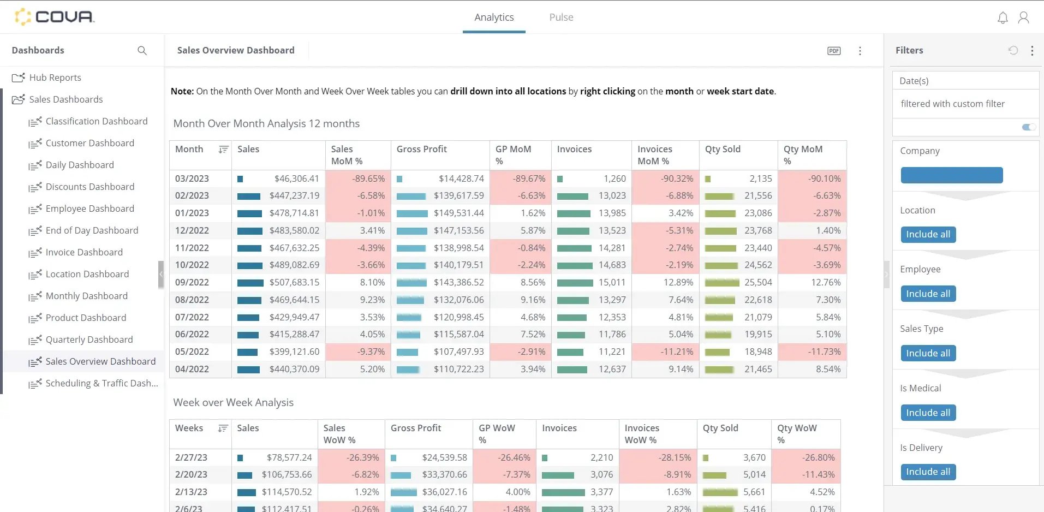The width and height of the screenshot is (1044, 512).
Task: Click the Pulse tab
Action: click(560, 17)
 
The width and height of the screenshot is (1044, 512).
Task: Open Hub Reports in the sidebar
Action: click(55, 78)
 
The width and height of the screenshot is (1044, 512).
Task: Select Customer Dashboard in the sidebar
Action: click(90, 143)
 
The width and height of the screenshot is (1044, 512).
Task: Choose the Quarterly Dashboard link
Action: click(89, 340)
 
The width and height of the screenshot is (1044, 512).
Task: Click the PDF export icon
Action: click(833, 51)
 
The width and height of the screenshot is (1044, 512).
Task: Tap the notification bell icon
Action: click(1002, 17)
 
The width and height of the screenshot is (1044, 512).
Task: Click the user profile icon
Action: click(1023, 17)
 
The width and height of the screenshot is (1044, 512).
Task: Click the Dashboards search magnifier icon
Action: click(142, 50)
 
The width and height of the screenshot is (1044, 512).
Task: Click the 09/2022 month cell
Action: click(192, 282)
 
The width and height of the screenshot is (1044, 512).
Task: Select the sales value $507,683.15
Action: click(294, 282)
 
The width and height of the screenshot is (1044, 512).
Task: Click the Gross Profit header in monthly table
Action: click(421, 149)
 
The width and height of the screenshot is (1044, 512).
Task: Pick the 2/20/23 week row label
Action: click(191, 474)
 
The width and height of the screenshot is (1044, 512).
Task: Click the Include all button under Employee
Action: click(927, 294)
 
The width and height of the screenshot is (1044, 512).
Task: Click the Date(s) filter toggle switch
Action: click(1028, 127)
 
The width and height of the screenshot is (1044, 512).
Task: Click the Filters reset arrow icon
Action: click(1013, 50)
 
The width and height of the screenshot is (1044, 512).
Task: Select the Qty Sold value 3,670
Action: click(754, 457)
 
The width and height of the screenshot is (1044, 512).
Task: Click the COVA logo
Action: click(55, 16)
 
